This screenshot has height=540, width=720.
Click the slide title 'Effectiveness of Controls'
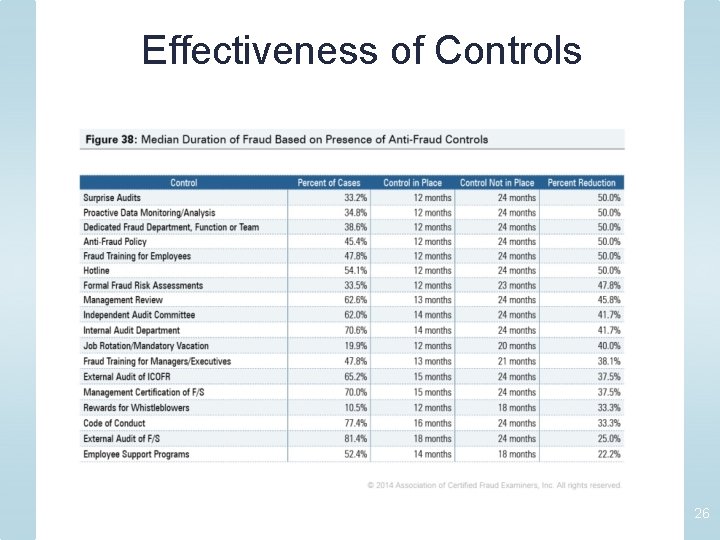coord(361,50)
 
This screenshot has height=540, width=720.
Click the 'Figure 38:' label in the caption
coord(110,139)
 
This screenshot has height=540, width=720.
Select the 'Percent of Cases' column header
coord(329,183)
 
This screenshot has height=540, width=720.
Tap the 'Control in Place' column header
coord(412,183)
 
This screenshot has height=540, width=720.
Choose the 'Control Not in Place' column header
coord(497,183)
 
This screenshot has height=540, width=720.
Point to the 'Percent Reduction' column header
coord(582,183)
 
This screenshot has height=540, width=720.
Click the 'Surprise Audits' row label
coord(112,198)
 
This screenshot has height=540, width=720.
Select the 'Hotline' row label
coord(97,270)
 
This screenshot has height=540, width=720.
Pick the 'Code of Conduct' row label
coord(114,423)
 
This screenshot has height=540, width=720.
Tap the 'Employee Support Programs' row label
coord(136,454)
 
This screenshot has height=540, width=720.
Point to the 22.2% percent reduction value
coord(608,454)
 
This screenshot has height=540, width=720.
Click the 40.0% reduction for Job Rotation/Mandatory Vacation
coord(608,346)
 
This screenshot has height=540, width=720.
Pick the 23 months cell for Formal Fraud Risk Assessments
coord(516,285)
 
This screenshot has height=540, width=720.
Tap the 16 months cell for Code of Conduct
coord(432,423)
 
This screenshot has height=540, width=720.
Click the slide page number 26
coord(701,513)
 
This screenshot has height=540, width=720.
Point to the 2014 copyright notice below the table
coord(494,485)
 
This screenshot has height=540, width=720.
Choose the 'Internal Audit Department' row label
coord(131,330)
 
